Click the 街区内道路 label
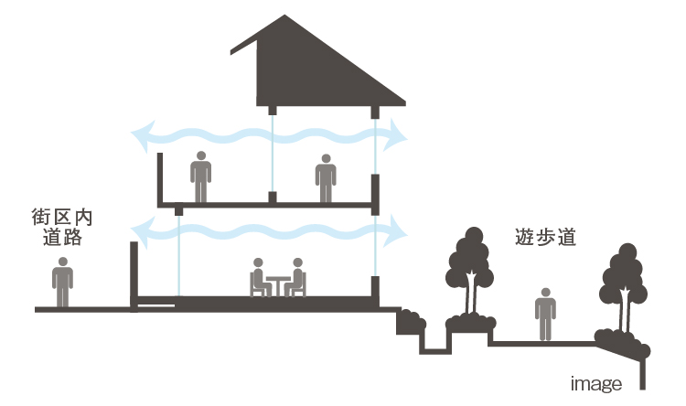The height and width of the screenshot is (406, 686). tap(62, 227)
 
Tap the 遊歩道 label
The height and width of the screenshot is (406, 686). tap(545, 237)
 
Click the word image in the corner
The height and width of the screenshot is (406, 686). tap(595, 384)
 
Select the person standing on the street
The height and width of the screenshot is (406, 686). tap(62, 283)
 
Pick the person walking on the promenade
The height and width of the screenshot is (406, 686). tap(545, 314)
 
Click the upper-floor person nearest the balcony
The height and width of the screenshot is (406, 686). tap(201, 176)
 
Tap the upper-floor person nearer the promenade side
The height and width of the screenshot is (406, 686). tap(326, 178)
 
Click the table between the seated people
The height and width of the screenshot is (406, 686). tap(278, 286)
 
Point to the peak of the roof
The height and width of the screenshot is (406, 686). tap(284, 16)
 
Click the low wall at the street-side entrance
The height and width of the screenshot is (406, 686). tap(134, 275)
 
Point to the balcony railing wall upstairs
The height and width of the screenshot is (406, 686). tap(160, 178)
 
